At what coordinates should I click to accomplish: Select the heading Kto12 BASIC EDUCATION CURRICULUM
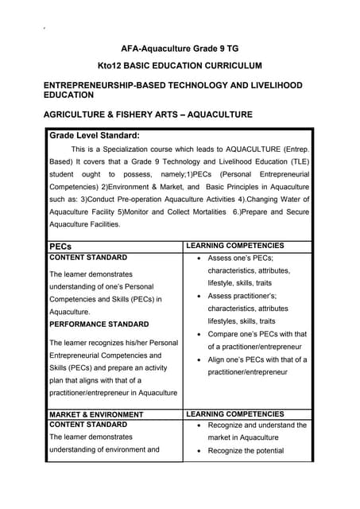[180, 65]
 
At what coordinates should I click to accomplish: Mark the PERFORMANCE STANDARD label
[99, 324]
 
